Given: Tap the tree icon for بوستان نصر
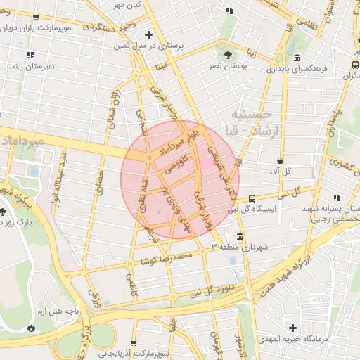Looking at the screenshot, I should (x=226, y=53).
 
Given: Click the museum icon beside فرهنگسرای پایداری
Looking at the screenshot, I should (x=297, y=58).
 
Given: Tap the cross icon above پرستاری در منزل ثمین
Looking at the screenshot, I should (x=148, y=34).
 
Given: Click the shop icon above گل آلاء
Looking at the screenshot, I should (x=281, y=161).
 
